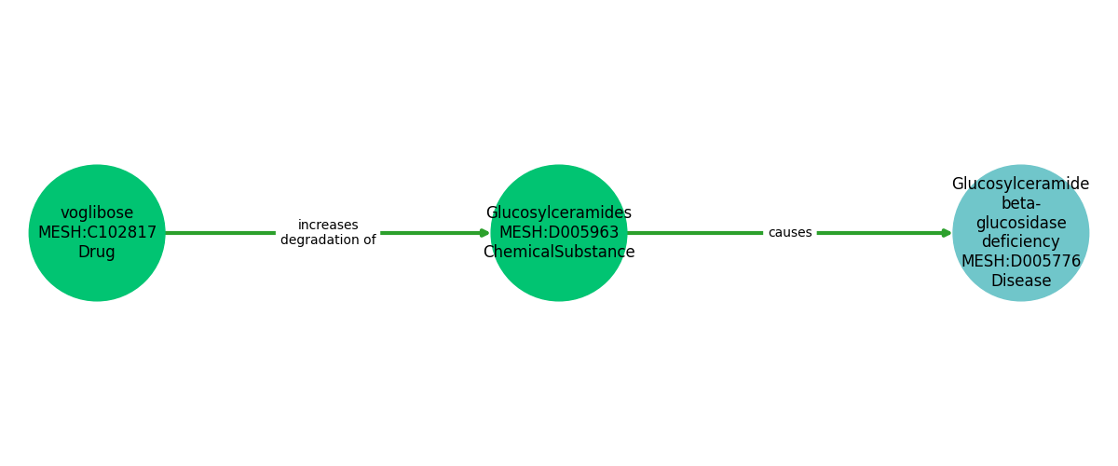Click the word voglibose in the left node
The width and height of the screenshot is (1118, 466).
pyautogui.click(x=97, y=213)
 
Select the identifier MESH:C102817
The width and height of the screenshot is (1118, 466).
pyautogui.click(x=97, y=233)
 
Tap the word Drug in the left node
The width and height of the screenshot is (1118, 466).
pyautogui.click(x=97, y=253)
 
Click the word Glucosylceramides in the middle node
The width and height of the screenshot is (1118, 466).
pyautogui.click(x=559, y=213)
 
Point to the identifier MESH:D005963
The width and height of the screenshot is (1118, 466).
pyautogui.click(x=559, y=233)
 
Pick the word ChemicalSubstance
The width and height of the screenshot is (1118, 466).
pyautogui.click(x=559, y=253)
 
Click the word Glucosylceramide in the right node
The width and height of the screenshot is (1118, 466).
pyautogui.click(x=1020, y=185)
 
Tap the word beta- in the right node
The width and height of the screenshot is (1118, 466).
pyautogui.click(x=1020, y=203)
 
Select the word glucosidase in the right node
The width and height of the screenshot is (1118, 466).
pyautogui.click(x=1020, y=223)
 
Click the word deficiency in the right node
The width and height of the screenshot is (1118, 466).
pyautogui.click(x=1020, y=242)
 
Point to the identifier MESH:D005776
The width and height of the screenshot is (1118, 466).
pyautogui.click(x=1020, y=262)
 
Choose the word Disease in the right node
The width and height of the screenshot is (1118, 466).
pyautogui.click(x=1020, y=281)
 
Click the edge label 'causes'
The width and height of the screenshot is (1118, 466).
pyautogui.click(x=790, y=233)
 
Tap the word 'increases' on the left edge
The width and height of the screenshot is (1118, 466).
pyautogui.click(x=328, y=226)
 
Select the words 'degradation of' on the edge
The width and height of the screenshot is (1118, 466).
pyautogui.click(x=328, y=240)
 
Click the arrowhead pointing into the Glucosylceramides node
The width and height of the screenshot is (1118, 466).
pyautogui.click(x=484, y=233)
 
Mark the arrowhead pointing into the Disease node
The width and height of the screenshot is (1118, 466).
pyautogui.click(x=947, y=233)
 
